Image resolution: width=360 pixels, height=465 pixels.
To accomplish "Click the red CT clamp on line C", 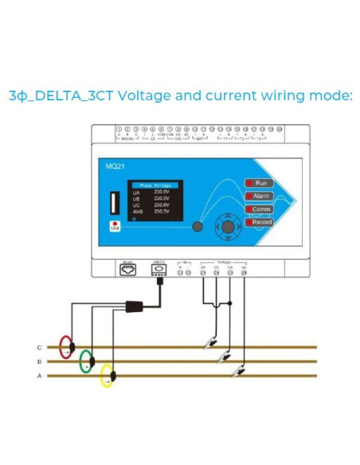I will [x=68, y=347].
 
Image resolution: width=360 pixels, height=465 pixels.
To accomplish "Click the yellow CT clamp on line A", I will [x=107, y=375].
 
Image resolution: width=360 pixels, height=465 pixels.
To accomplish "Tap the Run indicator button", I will [x=260, y=183].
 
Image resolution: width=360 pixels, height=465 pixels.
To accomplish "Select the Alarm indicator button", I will [x=260, y=196].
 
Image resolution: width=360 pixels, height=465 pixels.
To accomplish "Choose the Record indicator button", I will [x=260, y=222].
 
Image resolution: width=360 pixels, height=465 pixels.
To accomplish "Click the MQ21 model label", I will [x=115, y=167].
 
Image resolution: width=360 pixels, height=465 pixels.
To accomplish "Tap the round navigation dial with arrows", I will [x=229, y=227].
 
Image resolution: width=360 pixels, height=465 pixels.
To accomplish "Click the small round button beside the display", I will [x=197, y=229].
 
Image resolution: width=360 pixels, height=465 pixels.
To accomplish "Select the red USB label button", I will [x=115, y=227].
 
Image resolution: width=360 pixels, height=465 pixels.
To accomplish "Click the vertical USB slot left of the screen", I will [x=116, y=199].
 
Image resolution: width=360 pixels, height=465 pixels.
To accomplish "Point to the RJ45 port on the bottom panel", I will [x=127, y=269].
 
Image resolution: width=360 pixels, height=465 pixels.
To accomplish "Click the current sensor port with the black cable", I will [x=159, y=269].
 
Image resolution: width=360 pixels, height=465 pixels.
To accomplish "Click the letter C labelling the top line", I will [x=39, y=348].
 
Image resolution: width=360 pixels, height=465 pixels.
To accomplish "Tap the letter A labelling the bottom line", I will [x=39, y=376].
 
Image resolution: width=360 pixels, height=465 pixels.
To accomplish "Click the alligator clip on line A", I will [x=237, y=371].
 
